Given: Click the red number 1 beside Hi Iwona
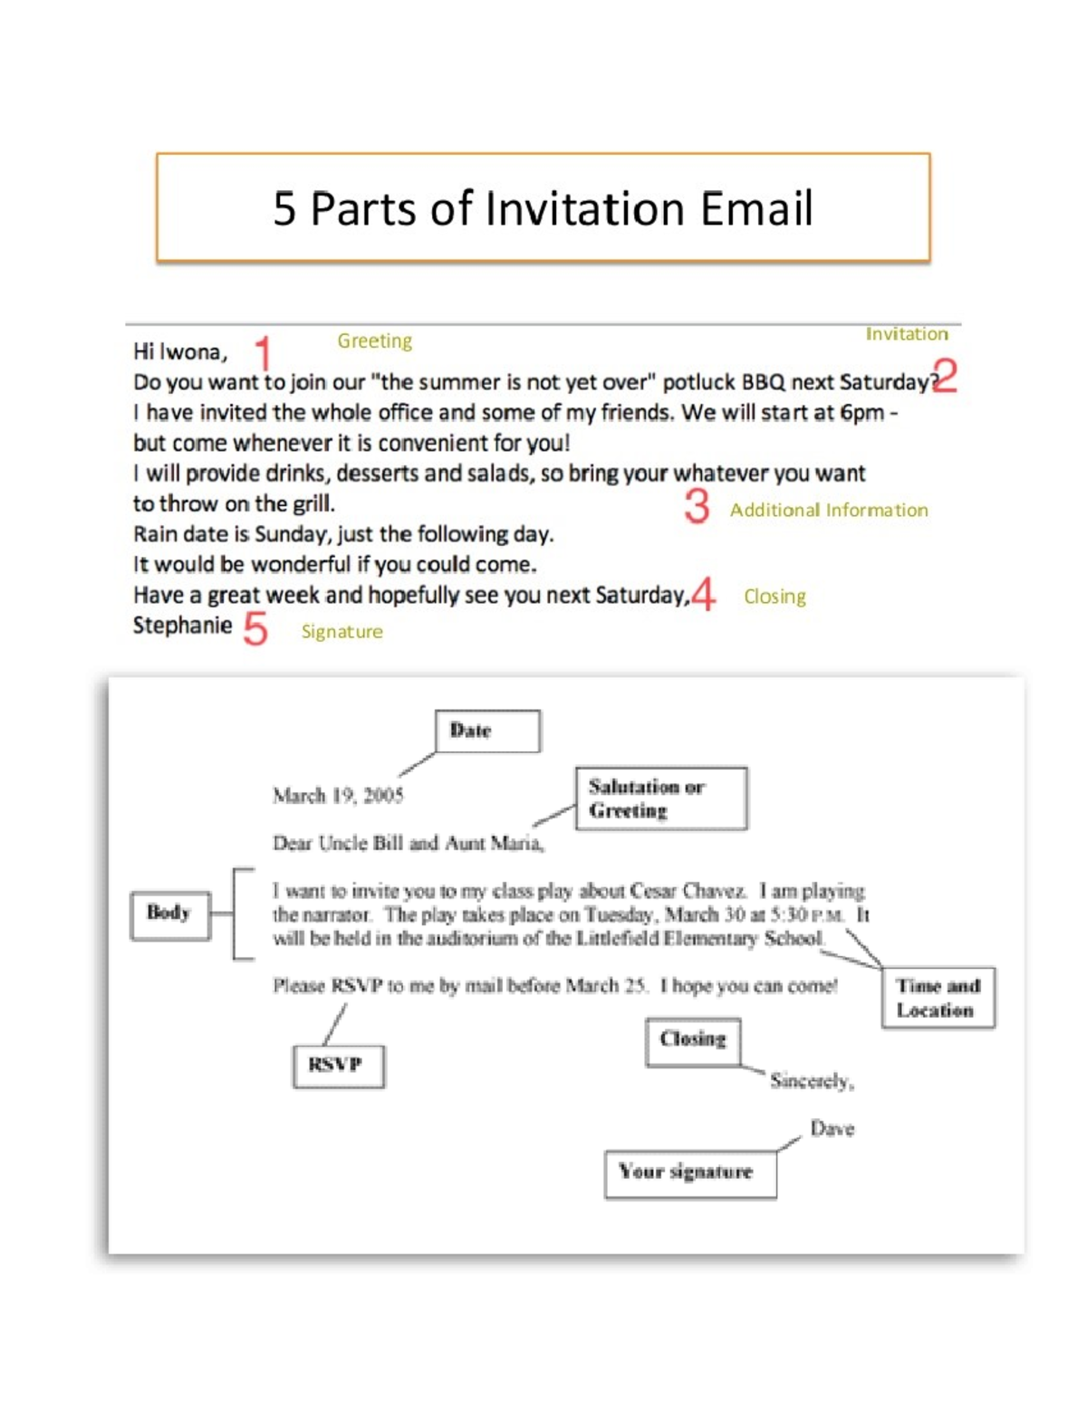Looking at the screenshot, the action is click(263, 352).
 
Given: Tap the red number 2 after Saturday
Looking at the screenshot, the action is click(945, 375).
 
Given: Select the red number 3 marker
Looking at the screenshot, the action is click(697, 506).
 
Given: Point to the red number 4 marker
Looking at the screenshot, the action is click(703, 595).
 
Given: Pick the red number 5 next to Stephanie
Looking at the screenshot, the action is click(255, 627).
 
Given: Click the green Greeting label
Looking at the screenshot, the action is click(374, 340).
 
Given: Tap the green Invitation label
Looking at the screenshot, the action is click(906, 334).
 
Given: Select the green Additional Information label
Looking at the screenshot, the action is click(829, 511).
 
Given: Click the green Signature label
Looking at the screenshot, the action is click(341, 632).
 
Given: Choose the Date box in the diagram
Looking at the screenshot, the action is click(487, 732).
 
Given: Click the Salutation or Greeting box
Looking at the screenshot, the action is click(661, 799).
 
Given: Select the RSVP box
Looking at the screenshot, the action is click(338, 1066).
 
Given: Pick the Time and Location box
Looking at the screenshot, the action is click(938, 998).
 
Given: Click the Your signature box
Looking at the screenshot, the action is click(690, 1173).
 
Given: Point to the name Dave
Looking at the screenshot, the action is click(832, 1129).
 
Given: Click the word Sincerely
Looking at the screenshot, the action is click(812, 1081).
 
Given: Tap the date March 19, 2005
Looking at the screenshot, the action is click(338, 796).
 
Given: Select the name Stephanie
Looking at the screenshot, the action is click(182, 626).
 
